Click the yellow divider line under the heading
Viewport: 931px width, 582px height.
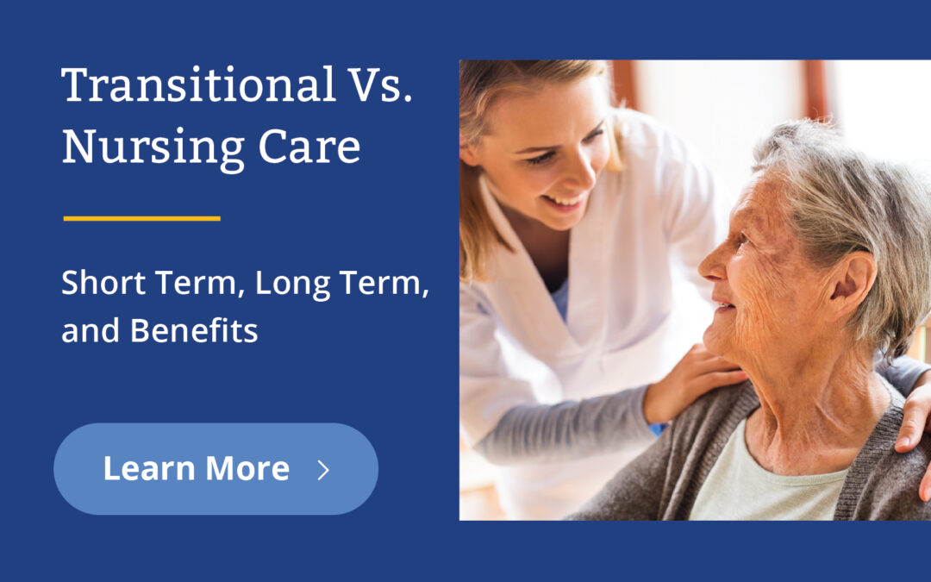click(142, 218)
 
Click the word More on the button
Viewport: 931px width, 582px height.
click(247, 469)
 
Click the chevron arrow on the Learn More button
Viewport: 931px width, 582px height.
click(323, 469)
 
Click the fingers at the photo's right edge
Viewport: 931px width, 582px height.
click(914, 422)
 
